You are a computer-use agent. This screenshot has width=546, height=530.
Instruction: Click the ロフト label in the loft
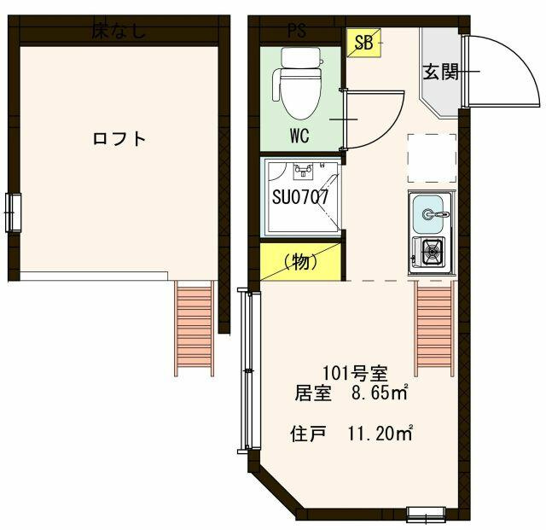coord(119,139)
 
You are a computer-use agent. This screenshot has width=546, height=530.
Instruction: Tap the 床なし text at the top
coord(119,32)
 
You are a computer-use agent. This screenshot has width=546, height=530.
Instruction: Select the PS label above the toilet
coord(297,32)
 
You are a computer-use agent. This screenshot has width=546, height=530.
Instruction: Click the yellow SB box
coord(363,44)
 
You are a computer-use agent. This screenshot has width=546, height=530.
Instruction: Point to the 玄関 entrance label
coord(441,73)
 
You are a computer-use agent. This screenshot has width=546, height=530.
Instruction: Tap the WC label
coord(299,134)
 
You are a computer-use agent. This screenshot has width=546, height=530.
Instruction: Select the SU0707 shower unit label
coord(300,197)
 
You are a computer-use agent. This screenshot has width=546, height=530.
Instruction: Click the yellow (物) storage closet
coord(301,262)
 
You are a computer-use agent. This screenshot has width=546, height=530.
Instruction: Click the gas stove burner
coord(430,252)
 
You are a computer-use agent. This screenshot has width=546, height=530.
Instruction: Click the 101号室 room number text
coord(355,373)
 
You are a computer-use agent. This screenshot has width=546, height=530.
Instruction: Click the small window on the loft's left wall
coord(13,212)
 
